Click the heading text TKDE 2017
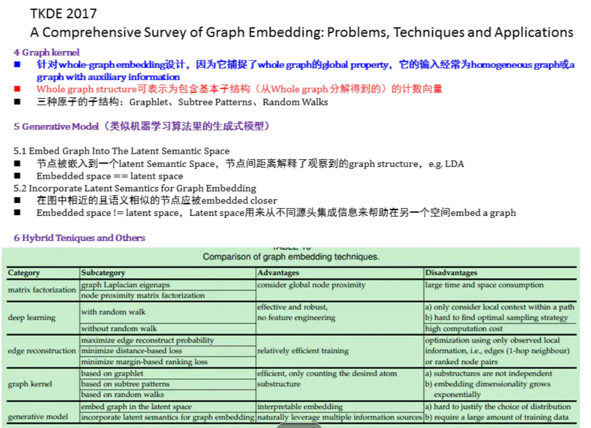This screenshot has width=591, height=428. (x=63, y=13)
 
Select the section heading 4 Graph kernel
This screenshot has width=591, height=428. (x=47, y=52)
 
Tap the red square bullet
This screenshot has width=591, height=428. (x=18, y=89)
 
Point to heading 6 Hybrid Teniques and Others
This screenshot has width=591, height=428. (x=80, y=238)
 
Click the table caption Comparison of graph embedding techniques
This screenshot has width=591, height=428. (x=291, y=257)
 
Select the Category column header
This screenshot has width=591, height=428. (x=24, y=273)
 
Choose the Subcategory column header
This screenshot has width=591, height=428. (x=103, y=273)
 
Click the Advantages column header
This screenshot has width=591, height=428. (x=278, y=273)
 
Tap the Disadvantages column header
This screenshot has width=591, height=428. (x=451, y=273)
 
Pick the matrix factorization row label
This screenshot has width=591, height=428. (x=42, y=290)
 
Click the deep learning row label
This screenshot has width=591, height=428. (x=32, y=317)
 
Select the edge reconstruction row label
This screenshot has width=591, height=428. (x=42, y=351)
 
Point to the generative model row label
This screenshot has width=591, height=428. (x=38, y=416)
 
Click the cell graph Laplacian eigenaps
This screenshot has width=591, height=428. (x=126, y=285)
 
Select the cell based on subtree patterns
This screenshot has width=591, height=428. (x=125, y=383)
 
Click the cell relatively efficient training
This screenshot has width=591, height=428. (x=303, y=351)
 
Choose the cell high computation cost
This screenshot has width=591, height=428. (x=464, y=328)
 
